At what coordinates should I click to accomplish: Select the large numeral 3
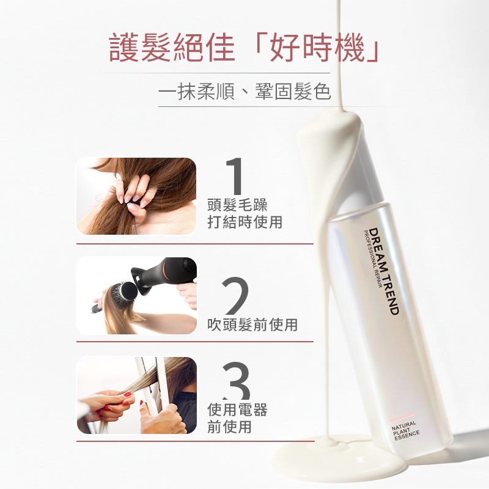tap(237, 380)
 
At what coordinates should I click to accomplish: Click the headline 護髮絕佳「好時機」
tap(244, 48)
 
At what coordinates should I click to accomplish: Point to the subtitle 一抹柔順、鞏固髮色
tap(244, 91)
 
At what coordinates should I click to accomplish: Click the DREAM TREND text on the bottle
tap(384, 271)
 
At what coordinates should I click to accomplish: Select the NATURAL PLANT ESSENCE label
tap(405, 431)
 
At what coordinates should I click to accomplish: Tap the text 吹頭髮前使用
tap(252, 325)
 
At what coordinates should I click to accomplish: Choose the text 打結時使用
tap(245, 222)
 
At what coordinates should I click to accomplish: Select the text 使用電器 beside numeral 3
tap(237, 410)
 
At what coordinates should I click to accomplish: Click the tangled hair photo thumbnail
tap(136, 196)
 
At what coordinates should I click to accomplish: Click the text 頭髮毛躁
tap(237, 205)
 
